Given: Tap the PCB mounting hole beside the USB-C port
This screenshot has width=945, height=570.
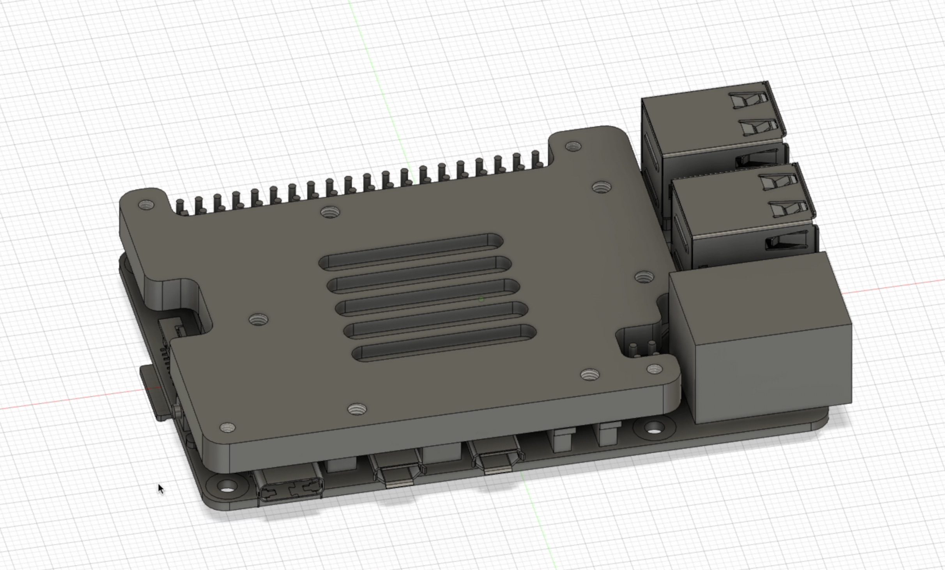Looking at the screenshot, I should [x=228, y=487].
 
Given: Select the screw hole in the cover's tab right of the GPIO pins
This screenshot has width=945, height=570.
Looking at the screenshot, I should [x=573, y=147].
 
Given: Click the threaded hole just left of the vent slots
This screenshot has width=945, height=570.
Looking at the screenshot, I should [x=258, y=319].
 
